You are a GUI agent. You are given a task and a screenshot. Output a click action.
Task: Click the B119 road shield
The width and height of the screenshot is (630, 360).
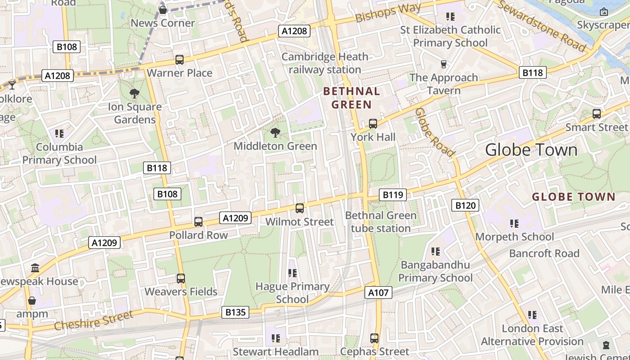pos(393,195)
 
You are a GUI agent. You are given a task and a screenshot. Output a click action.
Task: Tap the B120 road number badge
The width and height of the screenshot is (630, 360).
pos(465,206)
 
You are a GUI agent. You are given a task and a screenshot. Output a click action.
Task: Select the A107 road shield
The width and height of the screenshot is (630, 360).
pos(378,292)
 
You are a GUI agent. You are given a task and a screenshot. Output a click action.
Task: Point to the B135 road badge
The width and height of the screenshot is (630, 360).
pos(235,312)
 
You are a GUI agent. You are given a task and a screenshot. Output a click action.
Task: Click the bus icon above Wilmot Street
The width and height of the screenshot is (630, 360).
pos(300,208)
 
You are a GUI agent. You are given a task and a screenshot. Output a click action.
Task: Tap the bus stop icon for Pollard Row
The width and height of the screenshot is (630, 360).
pos(198,221)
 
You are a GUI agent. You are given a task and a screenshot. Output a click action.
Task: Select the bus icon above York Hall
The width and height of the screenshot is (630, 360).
pos(373,124)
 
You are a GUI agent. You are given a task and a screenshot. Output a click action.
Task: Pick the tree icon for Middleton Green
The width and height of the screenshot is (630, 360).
pos(275,133)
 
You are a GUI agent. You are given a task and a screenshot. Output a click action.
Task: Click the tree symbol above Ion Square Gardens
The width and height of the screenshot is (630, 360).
pos(134,94)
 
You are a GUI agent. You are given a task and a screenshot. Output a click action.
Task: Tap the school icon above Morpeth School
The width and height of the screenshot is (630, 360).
pos(514,224)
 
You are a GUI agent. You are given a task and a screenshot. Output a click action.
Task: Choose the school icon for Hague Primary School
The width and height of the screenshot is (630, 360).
pos(292,273)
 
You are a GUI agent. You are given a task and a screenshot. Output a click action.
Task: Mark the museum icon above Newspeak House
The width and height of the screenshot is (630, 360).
pos(35,268)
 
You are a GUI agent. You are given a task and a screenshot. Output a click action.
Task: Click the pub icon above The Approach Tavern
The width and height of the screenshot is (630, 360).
pos(444,64)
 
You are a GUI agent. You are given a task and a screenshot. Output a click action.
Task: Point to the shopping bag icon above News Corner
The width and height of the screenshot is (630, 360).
pos(163,10)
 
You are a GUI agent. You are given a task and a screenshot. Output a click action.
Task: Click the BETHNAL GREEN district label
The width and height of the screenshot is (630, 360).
pos(352,98)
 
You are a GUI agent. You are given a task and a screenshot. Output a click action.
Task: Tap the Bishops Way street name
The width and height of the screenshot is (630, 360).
pos(388,12)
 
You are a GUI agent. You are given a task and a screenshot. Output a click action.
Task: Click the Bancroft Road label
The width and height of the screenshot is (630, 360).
pos(544,253)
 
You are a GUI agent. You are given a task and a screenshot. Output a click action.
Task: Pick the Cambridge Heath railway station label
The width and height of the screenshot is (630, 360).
pos(325,63)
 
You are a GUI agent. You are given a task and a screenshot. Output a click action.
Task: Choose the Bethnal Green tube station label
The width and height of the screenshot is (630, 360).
pos(381,222)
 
